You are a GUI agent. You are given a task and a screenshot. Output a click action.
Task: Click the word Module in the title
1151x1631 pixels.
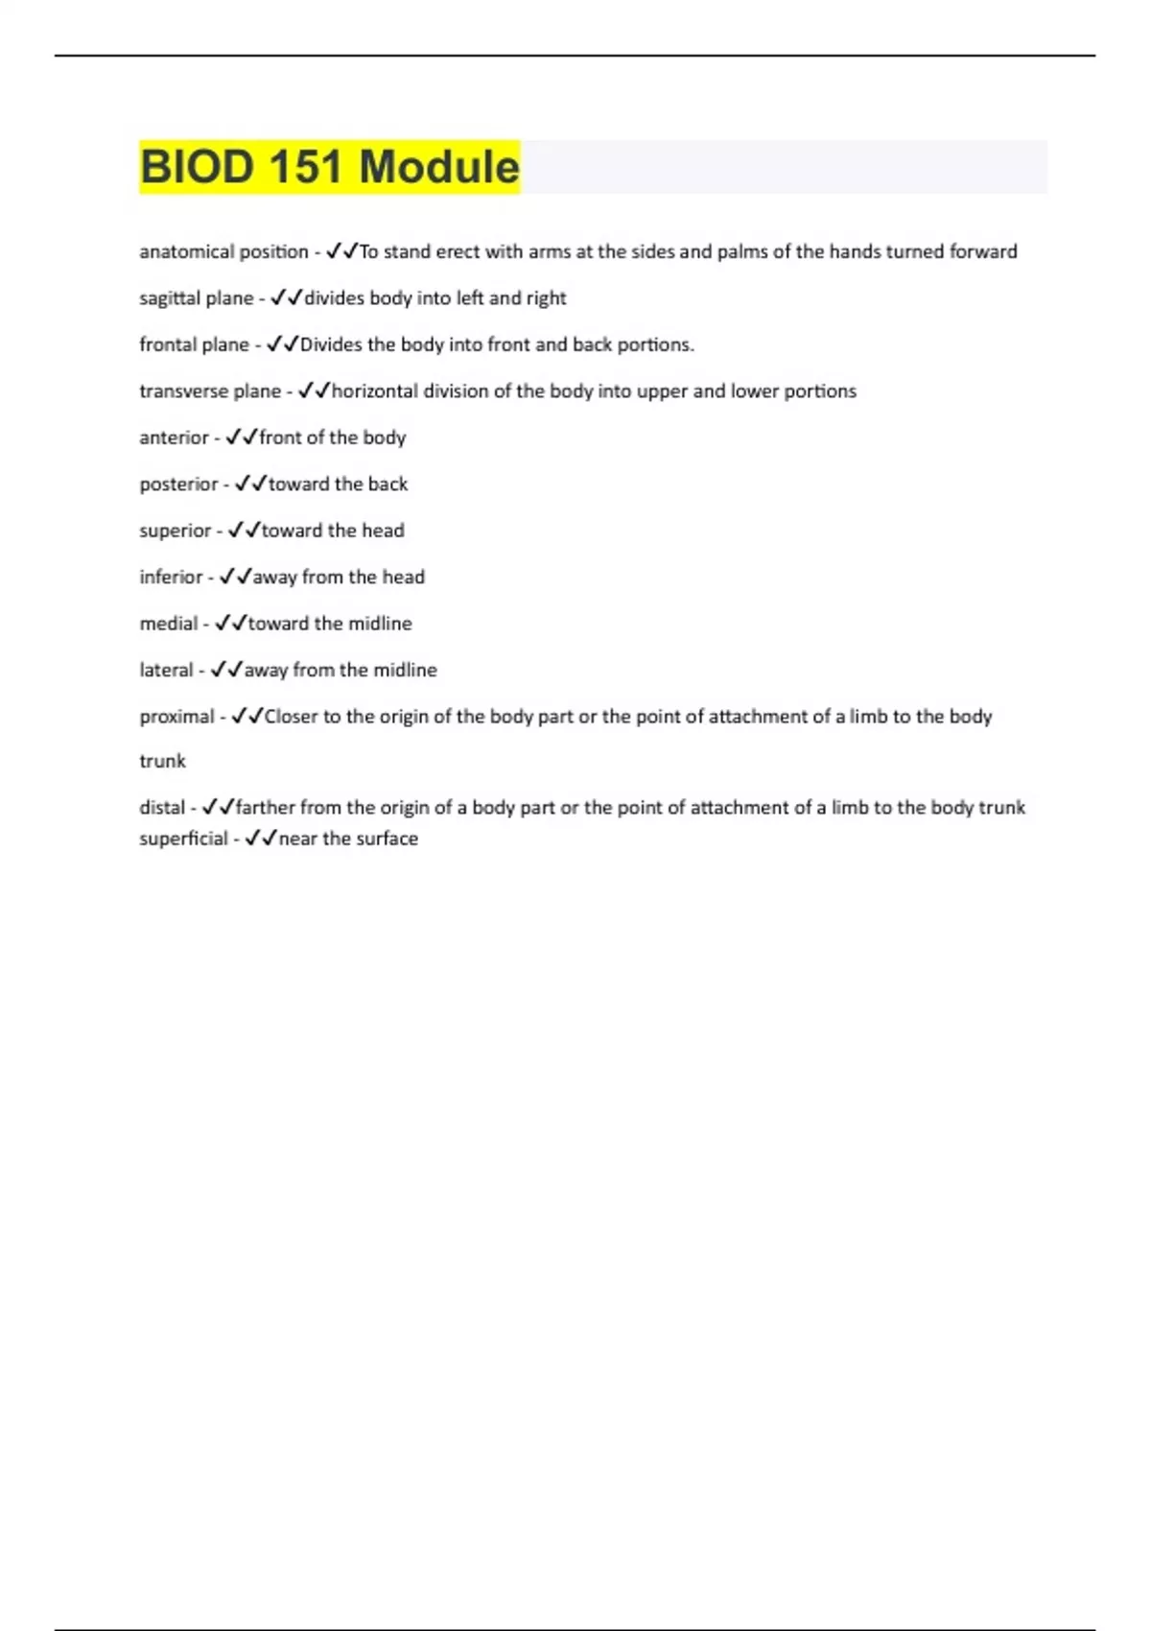439,167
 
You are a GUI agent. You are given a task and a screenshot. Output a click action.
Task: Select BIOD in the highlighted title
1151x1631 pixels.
197,167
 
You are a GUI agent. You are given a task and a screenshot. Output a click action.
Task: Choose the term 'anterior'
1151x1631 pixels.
174,437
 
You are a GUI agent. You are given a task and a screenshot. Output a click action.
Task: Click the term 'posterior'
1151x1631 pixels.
178,485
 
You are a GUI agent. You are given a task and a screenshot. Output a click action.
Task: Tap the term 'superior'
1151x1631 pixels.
175,531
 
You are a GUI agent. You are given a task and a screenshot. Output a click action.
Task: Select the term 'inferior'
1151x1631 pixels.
171,578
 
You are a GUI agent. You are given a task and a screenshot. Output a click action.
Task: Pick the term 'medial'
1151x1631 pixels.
168,624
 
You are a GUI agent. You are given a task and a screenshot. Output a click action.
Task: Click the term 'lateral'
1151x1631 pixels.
166,670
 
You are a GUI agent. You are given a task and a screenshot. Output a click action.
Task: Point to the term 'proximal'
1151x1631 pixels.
176,717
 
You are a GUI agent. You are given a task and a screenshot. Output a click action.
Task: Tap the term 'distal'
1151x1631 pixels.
161,808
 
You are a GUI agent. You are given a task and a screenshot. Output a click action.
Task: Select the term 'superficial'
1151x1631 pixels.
183,839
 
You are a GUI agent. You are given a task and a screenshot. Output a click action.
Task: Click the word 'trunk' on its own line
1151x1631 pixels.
162,761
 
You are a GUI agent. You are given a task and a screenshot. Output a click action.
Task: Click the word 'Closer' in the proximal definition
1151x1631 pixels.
291,717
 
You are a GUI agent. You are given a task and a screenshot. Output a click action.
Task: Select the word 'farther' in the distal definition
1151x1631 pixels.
265,808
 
